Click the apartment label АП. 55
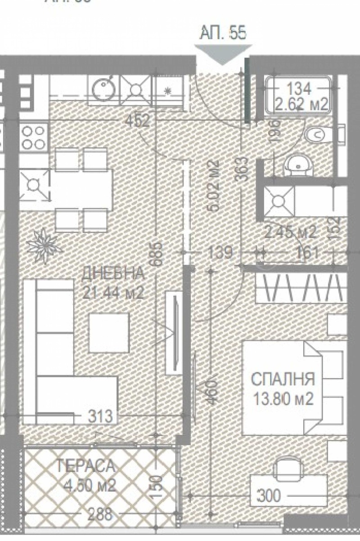[223, 34]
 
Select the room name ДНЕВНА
[113, 273]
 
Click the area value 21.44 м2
[113, 293]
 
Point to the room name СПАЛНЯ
[282, 379]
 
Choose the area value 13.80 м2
[282, 399]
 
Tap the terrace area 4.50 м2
[86, 486]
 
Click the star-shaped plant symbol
[44, 243]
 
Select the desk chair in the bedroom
[288, 468]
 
